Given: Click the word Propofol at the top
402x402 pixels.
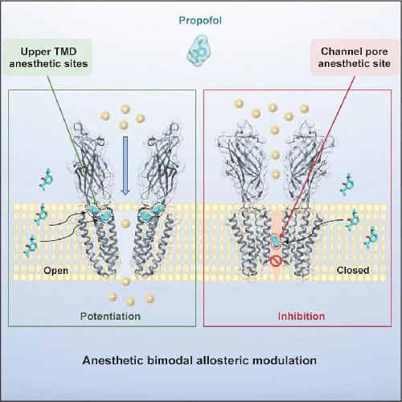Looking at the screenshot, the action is pos(200,21).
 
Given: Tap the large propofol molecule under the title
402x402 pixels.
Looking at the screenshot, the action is pos(199,51).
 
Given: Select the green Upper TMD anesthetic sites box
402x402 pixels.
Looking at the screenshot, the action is pos(48,57).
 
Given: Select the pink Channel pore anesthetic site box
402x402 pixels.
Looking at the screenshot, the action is pos(355,57).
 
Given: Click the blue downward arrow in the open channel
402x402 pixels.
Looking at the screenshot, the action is pos(125,165).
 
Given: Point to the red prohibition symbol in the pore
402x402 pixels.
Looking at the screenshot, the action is pos(275,261).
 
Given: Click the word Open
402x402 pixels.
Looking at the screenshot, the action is pos(55,271).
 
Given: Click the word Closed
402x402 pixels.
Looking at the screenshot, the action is pos(353,270).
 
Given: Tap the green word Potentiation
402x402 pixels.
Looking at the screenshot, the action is pos(110,316).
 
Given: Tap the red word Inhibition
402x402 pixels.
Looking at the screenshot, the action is pos(301,316).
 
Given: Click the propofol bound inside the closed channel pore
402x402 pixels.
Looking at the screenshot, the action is pos(275,241).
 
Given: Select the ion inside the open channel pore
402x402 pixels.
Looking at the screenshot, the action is pos(125,223).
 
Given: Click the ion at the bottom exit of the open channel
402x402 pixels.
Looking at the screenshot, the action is pos(125,281).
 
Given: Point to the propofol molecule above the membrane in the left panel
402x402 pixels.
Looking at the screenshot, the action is pos(46,179).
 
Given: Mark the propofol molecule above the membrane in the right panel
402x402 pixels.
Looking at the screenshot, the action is pos(347,184).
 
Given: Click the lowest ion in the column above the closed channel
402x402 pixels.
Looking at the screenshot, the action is pos(275,174).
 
